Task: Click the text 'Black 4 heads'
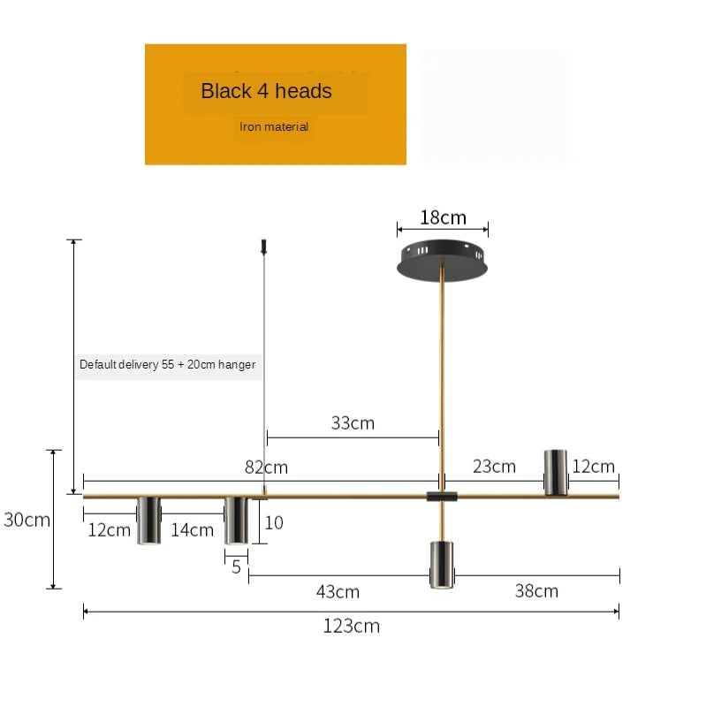point(266,91)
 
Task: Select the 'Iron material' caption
point(274,127)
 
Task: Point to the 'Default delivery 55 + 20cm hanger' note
point(167,364)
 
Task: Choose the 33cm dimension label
point(353,423)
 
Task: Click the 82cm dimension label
point(266,468)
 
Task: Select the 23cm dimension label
point(494,467)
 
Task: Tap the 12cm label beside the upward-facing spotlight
point(593,467)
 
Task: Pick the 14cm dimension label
point(193,530)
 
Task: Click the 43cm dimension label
point(338,592)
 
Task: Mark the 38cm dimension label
point(536,591)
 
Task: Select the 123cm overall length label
point(351,627)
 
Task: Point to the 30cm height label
point(27,520)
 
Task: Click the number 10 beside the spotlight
point(274,523)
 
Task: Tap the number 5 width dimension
point(236,567)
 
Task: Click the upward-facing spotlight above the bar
point(555,472)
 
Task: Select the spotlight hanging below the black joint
point(441,564)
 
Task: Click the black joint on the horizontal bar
point(442,497)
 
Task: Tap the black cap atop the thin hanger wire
point(263,244)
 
